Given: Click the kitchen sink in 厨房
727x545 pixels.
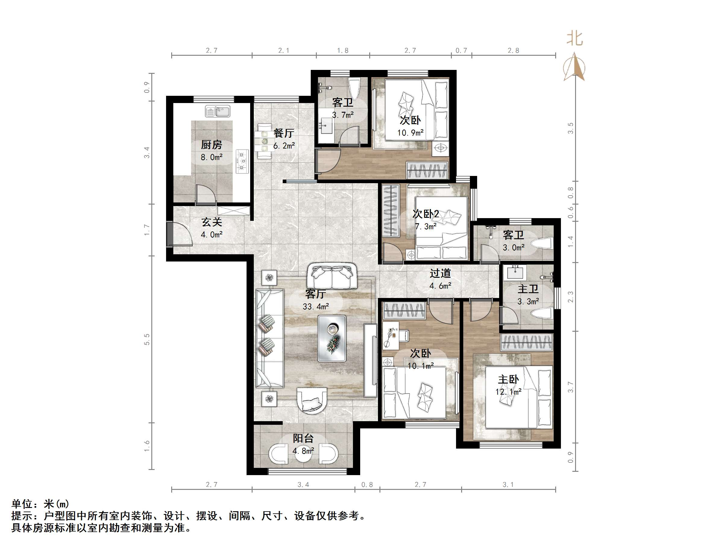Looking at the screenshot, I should coord(218,111).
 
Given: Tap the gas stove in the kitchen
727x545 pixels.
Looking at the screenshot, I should coord(242,161).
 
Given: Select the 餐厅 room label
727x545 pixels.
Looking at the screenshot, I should coord(284,133).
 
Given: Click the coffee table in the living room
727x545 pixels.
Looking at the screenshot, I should coord(332,339).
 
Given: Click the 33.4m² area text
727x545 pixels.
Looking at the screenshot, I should coord(316,306).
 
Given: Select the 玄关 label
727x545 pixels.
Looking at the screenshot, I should coord(212,222).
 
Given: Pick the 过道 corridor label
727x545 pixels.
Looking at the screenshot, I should coord(440,273).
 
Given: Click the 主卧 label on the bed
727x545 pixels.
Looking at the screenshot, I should coord(508,379).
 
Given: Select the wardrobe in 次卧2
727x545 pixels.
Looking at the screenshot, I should coord(391,211).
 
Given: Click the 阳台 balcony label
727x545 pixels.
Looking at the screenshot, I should coord(303,438).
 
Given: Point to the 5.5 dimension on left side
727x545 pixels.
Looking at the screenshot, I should coord(147,339).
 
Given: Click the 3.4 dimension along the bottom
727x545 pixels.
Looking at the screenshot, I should coord(303,484).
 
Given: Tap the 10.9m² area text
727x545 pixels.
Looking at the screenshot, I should coord(410,133).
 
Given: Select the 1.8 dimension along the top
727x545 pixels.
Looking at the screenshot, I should coord(342,51).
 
